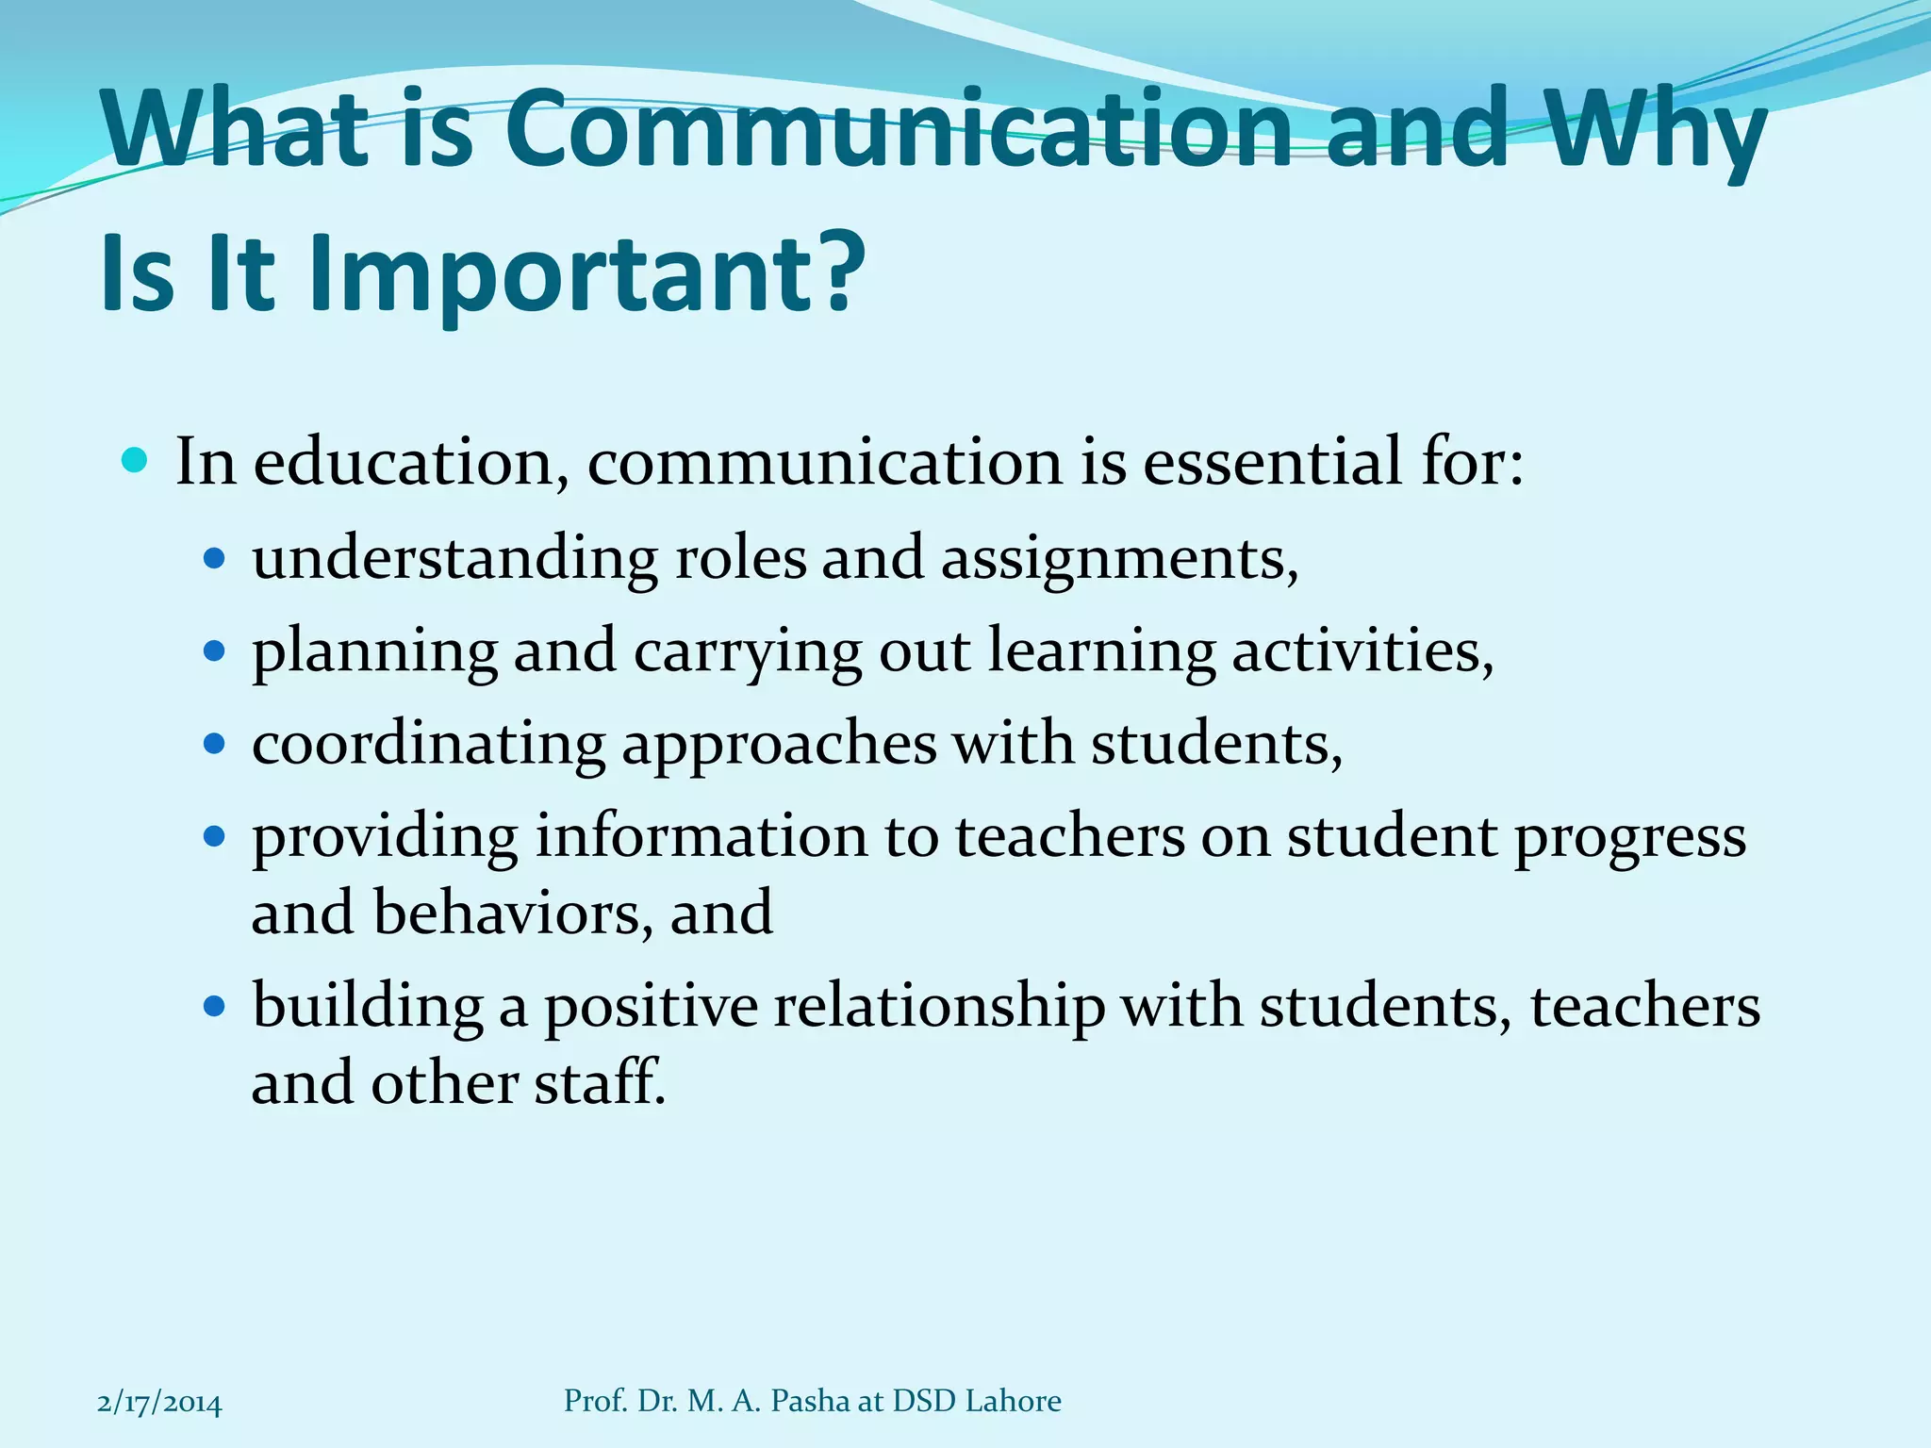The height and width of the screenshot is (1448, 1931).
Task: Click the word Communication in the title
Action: pyautogui.click(x=899, y=129)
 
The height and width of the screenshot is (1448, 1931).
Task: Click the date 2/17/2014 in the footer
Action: pyautogui.click(x=159, y=1403)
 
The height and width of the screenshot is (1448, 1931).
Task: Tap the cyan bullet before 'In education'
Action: pyautogui.click(x=136, y=461)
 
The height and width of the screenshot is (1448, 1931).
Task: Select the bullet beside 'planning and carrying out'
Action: pyautogui.click(x=216, y=651)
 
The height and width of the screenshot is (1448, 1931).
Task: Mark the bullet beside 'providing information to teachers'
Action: pyautogui.click(x=216, y=836)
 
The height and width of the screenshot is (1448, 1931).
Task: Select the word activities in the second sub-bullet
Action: pyautogui.click(x=1362, y=651)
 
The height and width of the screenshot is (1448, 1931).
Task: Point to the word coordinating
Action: pyautogui.click(x=428, y=745)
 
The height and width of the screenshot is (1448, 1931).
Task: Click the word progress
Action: pyautogui.click(x=1629, y=838)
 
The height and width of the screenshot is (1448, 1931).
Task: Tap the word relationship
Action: pyautogui.click(x=939, y=1007)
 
